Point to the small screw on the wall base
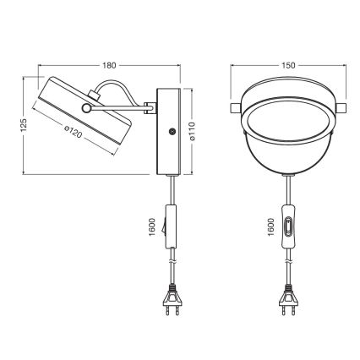[x=172, y=132]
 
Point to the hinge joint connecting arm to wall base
[x=150, y=106]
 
